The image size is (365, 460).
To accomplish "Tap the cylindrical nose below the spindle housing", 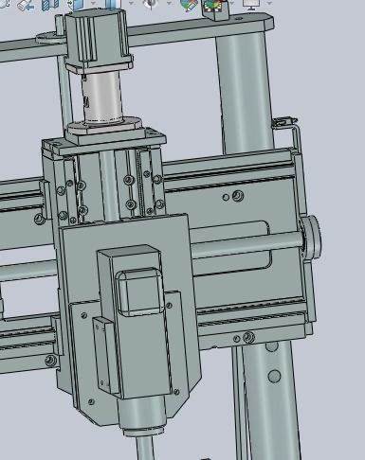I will tap(143, 416).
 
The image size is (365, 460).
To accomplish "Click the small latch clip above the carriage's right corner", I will tap(282, 123).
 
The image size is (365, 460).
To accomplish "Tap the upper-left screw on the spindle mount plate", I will tap(86, 312).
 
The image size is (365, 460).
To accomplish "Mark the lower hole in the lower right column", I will tap(274, 377).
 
